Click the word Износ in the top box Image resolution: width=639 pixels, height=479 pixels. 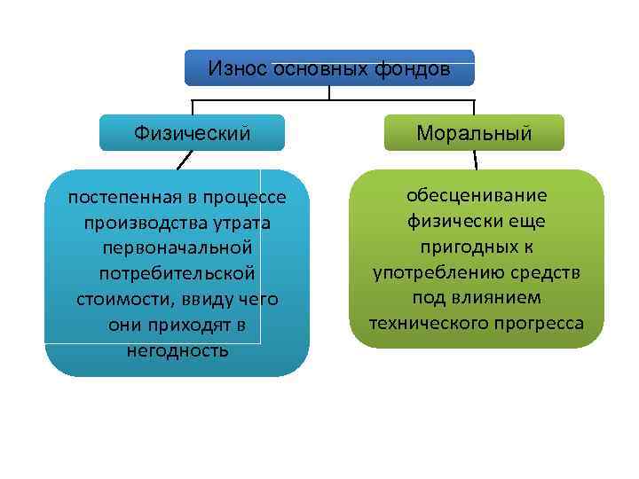click(x=239, y=68)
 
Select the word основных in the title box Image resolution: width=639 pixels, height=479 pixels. click(x=317, y=68)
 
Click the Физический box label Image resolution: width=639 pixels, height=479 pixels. click(x=192, y=133)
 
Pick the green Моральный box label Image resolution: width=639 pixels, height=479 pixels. click(x=476, y=134)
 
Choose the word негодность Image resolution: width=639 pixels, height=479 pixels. click(x=177, y=350)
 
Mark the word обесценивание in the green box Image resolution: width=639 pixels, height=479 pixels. click(x=477, y=194)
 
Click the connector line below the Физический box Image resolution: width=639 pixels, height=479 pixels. click(x=185, y=160)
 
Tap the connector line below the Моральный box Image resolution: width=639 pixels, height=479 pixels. click(x=476, y=160)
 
